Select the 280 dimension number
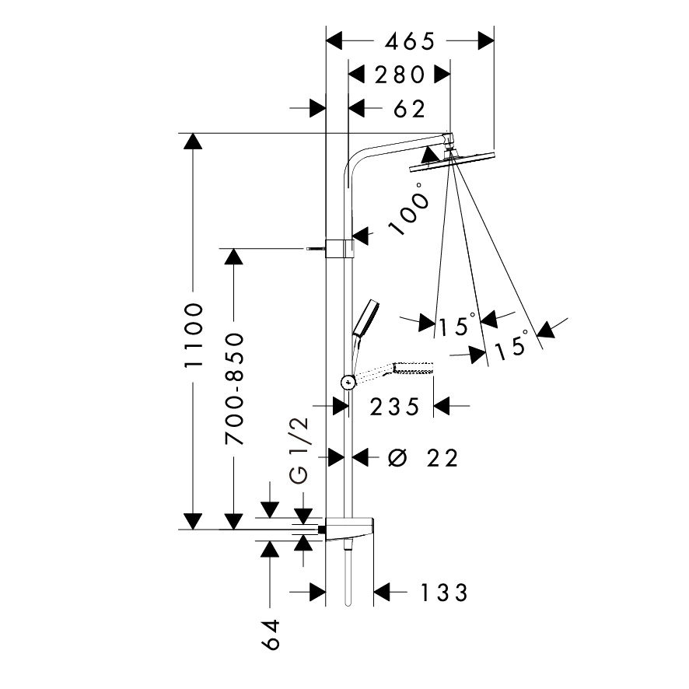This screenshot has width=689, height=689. tap(400, 75)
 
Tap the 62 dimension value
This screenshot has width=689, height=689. tap(409, 109)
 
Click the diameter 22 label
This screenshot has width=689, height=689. tap(423, 458)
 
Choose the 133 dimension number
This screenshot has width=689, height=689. tap(445, 593)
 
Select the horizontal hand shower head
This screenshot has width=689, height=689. tap(412, 367)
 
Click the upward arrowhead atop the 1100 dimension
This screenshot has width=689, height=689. tap(192, 142)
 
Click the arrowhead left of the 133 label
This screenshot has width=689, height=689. tap(383, 593)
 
